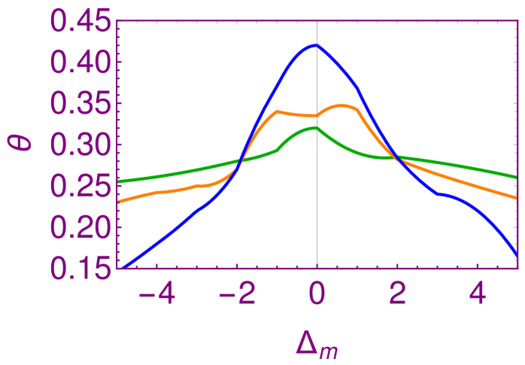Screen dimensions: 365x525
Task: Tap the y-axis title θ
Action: pos(23,140)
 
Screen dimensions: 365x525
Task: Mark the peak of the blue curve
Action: pos(317,45)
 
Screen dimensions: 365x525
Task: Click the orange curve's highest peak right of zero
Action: pos(343,105)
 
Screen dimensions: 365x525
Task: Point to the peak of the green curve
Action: pos(314,128)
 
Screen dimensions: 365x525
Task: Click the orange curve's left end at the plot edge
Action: pos(119,202)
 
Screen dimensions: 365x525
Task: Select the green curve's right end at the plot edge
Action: pos(517,177)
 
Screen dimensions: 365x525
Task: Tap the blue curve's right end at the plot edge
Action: pos(517,257)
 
